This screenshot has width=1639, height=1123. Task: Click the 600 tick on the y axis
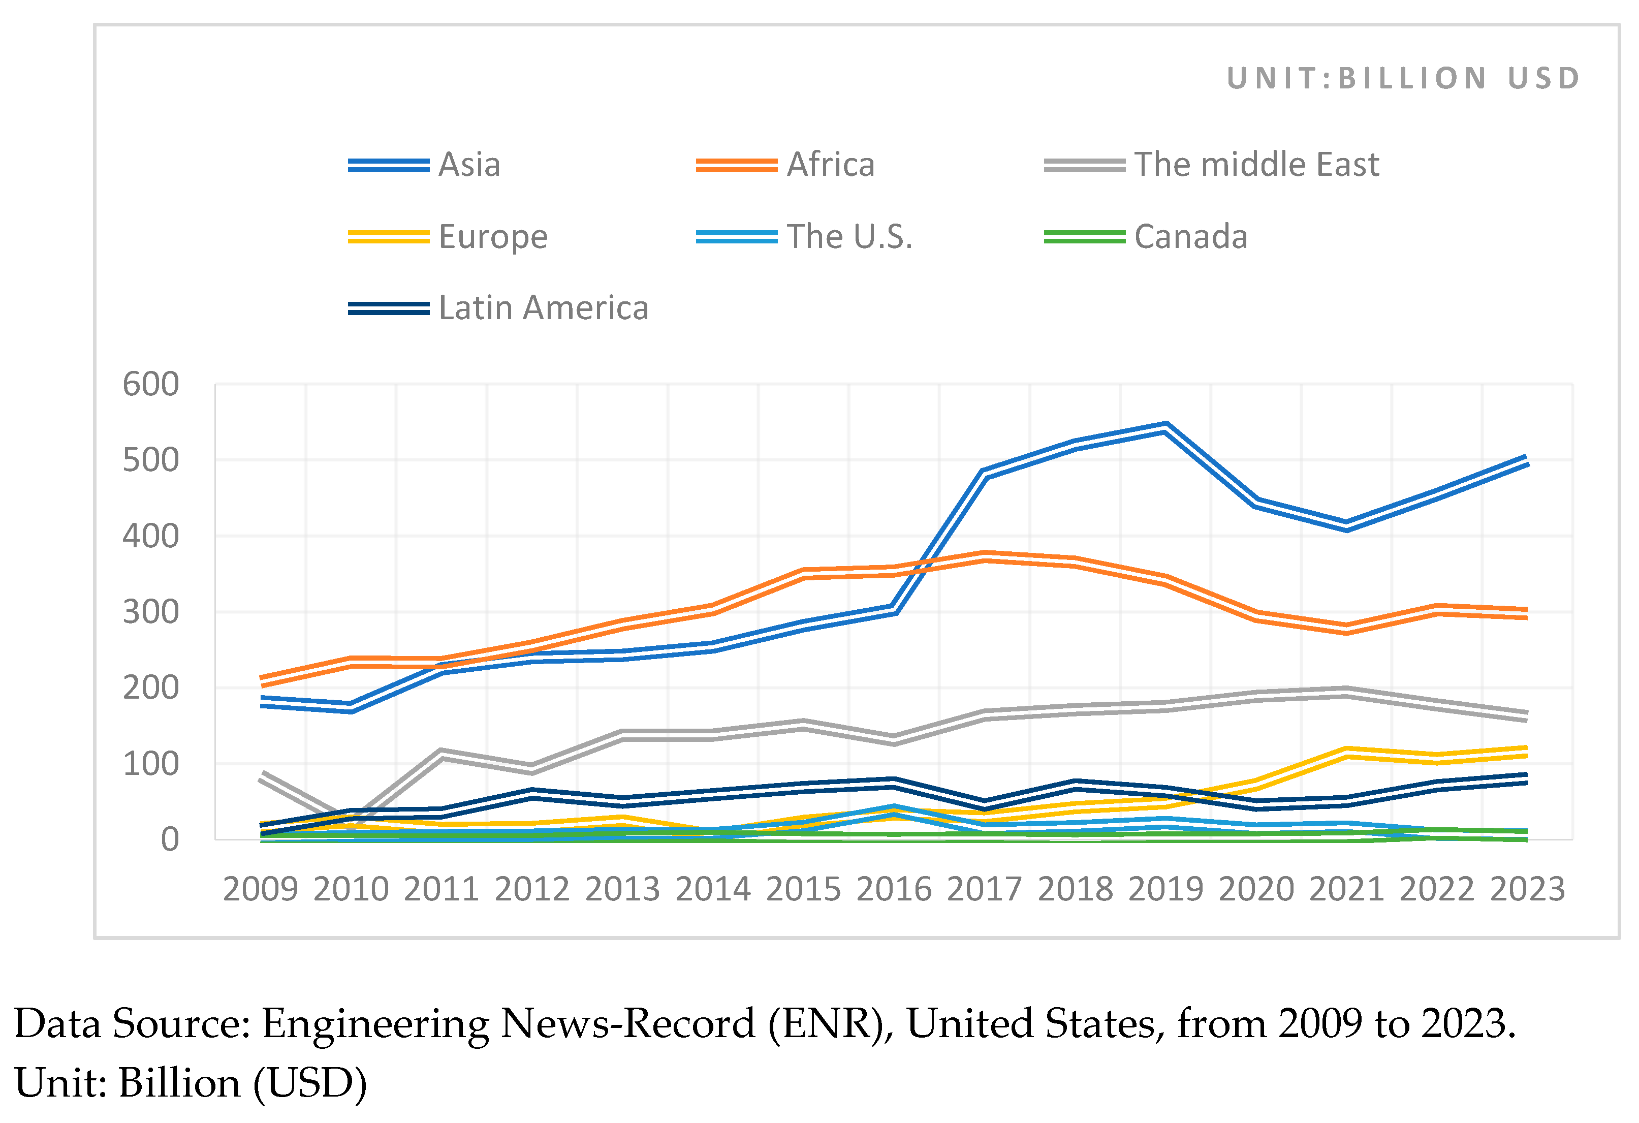pyautogui.click(x=151, y=385)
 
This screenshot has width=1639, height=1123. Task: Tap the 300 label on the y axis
pyautogui.click(x=151, y=612)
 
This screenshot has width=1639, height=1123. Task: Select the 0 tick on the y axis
pyautogui.click(x=169, y=840)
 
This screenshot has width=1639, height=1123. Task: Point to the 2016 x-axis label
pyautogui.click(x=894, y=889)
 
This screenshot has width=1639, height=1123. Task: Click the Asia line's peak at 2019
pyautogui.click(x=1167, y=427)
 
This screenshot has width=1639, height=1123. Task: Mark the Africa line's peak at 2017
pyautogui.click(x=985, y=556)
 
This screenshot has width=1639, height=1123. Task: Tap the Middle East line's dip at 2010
pyautogui.click(x=351, y=818)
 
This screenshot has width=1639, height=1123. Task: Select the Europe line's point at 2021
pyautogui.click(x=1347, y=753)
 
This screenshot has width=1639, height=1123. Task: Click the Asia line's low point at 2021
pyautogui.click(x=1347, y=526)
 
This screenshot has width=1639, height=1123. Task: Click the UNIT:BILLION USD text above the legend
pyautogui.click(x=1403, y=78)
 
